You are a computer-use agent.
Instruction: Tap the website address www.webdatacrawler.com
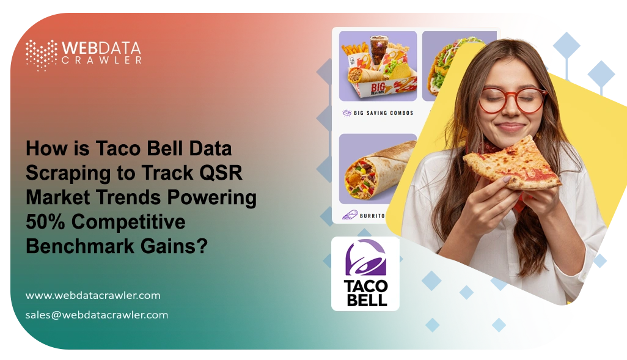[93, 295]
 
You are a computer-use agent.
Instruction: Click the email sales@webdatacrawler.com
[97, 315]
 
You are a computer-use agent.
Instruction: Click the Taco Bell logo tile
[365, 273]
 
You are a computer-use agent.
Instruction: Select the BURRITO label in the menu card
[372, 216]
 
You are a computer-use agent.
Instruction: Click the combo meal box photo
[378, 67]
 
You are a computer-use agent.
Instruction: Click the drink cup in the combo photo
[378, 53]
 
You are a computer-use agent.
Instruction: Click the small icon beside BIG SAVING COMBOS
[346, 113]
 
